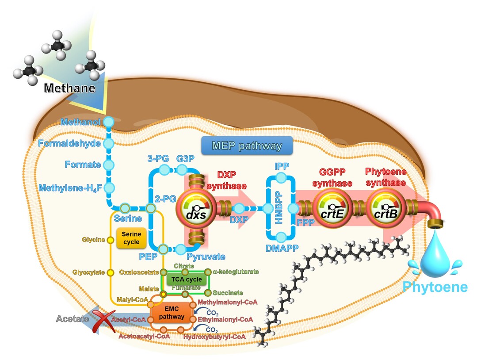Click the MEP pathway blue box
pyautogui.click(x=247, y=146)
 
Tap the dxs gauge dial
pyautogui.click(x=196, y=208)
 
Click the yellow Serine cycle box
pyautogui.click(x=131, y=238)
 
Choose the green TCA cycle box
pyautogui.click(x=187, y=280)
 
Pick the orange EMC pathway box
pyautogui.click(x=172, y=313)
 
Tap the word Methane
pyautogui.click(x=69, y=88)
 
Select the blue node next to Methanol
pyautogui.click(x=108, y=122)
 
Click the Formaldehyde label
pyautogui.click(x=69, y=143)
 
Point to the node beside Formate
pyautogui.click(x=109, y=165)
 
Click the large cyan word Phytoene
pyautogui.click(x=435, y=287)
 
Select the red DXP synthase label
pyautogui.click(x=227, y=180)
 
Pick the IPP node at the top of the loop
pyautogui.click(x=281, y=177)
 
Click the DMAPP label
pyautogui.click(x=282, y=248)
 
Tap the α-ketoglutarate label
pyautogui.click(x=236, y=272)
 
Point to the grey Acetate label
pyautogui.click(x=73, y=318)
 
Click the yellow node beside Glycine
pyautogui.click(x=111, y=240)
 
